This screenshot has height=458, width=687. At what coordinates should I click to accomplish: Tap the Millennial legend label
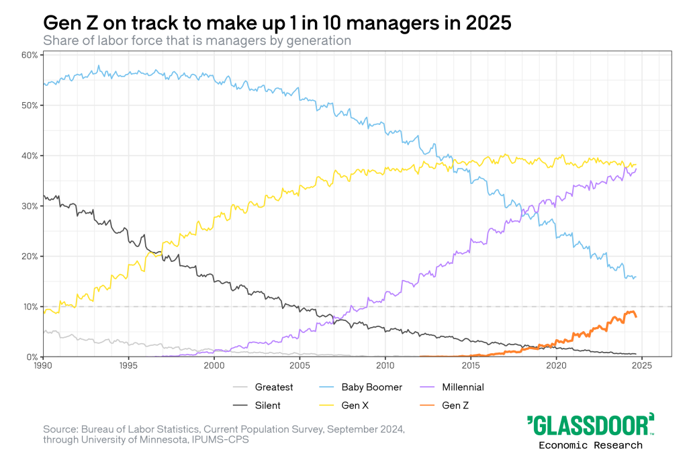point(463,387)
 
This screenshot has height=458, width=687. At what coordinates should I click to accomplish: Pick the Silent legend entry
point(267,405)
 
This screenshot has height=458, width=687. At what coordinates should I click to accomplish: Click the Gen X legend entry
point(356,405)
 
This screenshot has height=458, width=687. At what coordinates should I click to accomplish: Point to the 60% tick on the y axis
point(28,54)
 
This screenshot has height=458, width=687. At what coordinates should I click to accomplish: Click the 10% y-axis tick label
point(28,306)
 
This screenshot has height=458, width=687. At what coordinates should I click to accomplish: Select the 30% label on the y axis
point(28,205)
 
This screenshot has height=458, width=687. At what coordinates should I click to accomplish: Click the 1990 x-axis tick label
point(43,365)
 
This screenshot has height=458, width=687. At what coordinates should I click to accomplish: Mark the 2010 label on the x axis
point(385,365)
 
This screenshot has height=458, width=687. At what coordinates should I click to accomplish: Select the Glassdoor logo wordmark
point(590,426)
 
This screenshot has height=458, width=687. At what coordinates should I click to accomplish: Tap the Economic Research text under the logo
point(590,445)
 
